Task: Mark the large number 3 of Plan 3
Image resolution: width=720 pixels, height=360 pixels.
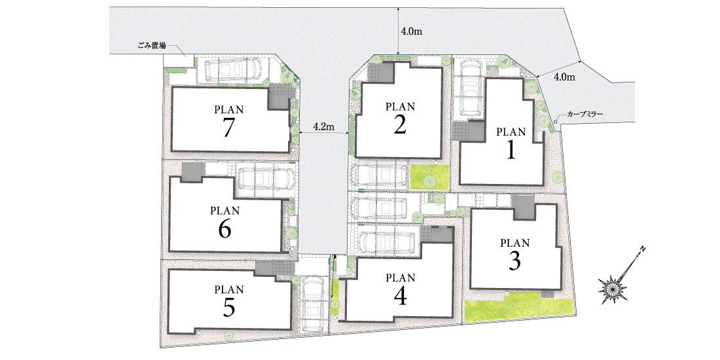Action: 514,261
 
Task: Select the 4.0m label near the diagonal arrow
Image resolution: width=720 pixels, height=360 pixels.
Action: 564,77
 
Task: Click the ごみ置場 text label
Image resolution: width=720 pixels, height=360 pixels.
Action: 152,46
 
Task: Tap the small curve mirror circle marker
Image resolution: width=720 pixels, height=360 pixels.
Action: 556,122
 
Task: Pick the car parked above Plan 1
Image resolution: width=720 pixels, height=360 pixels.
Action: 471,89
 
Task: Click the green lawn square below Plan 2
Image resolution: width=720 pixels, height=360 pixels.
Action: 429,177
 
